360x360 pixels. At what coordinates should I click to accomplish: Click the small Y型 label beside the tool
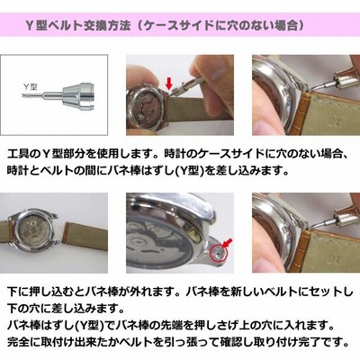click(31, 86)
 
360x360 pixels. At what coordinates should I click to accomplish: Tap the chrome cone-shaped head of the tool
click(78, 95)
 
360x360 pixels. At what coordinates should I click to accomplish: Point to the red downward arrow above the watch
click(169, 84)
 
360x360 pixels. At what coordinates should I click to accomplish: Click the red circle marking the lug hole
click(219, 252)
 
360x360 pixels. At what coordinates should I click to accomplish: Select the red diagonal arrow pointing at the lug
click(229, 243)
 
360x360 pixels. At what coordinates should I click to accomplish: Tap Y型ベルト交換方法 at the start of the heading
click(78, 26)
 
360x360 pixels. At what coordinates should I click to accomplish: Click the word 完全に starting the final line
click(23, 341)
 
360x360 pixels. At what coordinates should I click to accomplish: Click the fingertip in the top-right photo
click(265, 123)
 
